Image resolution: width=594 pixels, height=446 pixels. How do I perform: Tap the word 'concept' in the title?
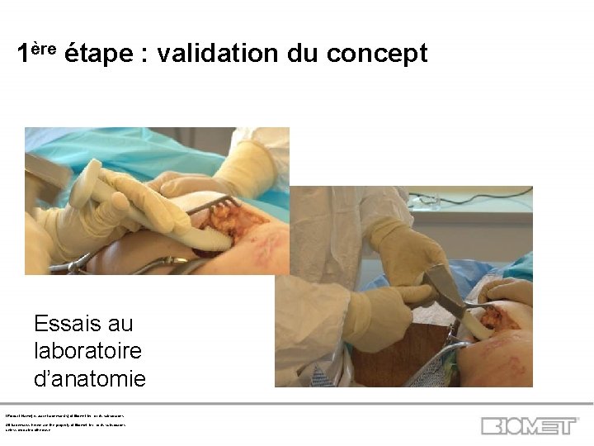click(377, 55)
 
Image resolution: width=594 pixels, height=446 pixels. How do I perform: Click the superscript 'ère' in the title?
click(44, 48)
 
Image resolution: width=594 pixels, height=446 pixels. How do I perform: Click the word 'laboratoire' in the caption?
click(87, 350)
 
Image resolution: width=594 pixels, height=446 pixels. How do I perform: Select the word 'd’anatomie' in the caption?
click(90, 378)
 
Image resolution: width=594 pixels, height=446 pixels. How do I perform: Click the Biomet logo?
click(530, 426)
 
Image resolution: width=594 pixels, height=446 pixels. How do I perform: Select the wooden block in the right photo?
click(404, 351)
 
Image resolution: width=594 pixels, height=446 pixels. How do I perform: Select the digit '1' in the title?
click(24, 55)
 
